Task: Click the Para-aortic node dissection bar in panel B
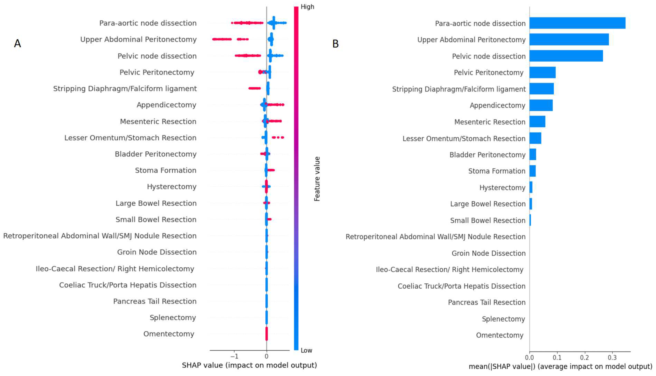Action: point(577,23)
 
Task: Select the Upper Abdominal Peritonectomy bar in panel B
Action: point(569,39)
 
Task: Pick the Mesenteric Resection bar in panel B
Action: point(537,121)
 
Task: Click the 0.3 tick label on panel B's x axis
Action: point(612,357)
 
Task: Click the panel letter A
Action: point(17,43)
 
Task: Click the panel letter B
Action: point(335,44)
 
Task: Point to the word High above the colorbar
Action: point(307,7)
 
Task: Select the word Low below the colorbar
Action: point(306,351)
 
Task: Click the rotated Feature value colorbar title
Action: point(317,179)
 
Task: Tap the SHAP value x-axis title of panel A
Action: point(249,365)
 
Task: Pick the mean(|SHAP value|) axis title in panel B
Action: point(560,366)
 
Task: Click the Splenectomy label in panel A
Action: point(173,317)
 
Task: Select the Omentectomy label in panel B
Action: point(500,335)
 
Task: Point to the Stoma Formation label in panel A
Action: point(166,170)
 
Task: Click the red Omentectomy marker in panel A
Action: point(267,334)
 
